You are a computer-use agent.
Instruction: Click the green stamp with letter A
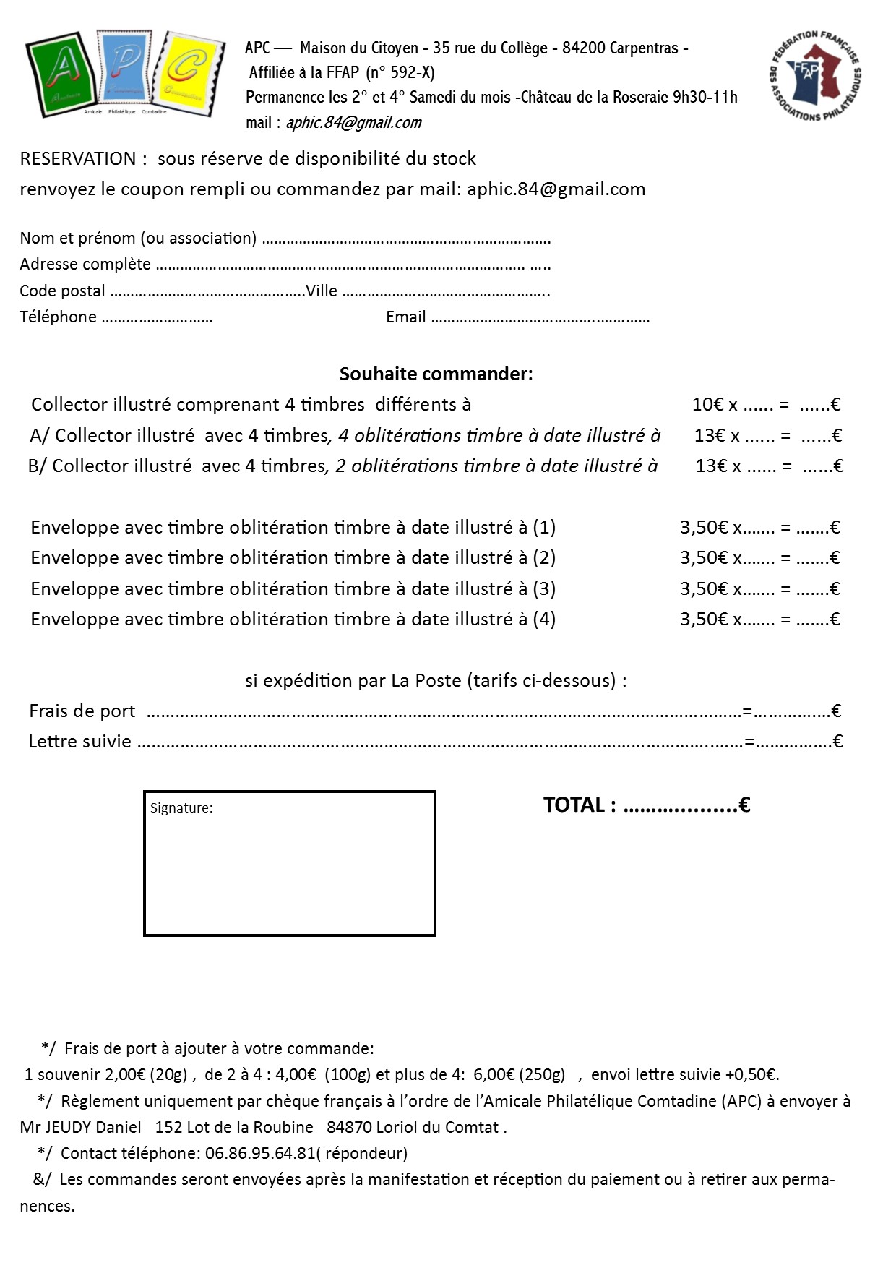point(60,74)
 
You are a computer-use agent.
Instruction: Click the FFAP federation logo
point(815,76)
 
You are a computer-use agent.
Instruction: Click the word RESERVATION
point(78,159)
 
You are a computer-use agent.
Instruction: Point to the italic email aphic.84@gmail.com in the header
point(353,123)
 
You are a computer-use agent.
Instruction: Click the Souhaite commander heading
point(436,374)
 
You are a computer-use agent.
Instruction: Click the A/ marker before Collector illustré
point(39,436)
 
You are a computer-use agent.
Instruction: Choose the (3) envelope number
point(544,589)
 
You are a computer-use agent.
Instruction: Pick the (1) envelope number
point(544,528)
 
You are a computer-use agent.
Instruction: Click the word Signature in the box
point(181,808)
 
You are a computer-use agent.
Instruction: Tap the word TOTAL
point(574,805)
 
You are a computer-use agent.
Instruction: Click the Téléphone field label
point(58,317)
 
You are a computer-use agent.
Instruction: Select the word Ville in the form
point(321,291)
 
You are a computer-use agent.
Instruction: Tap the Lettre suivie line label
point(79,742)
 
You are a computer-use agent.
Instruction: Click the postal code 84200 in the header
point(584,48)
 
